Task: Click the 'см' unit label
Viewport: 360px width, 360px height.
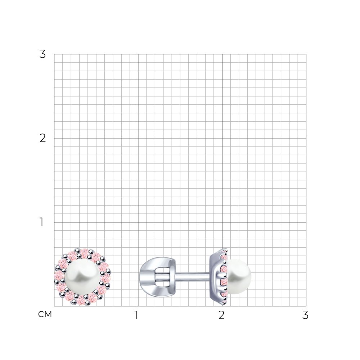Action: [x=45, y=314]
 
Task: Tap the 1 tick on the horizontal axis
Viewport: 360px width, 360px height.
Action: [x=136, y=315]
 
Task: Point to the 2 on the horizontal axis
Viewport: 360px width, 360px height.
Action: [x=221, y=315]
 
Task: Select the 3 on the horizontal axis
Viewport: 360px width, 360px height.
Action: [x=305, y=315]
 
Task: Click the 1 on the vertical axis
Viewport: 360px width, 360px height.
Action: [x=41, y=222]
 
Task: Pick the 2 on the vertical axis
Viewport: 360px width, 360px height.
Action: [x=42, y=138]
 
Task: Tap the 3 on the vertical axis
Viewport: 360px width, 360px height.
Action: [x=42, y=54]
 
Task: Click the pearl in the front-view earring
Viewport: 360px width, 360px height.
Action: [x=82, y=277]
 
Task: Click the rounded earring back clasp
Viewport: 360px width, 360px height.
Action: [x=157, y=276]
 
